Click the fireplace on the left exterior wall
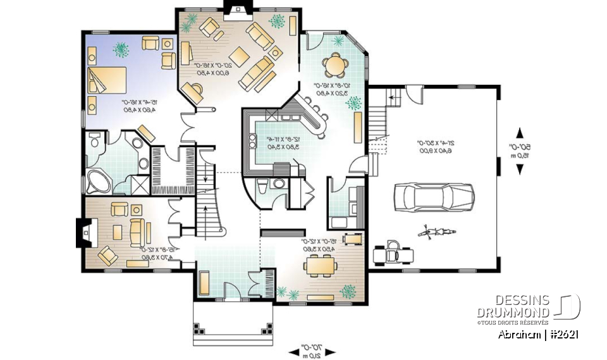click(x=82, y=233)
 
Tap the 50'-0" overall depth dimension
click(x=520, y=151)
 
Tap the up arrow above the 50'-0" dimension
click(x=520, y=133)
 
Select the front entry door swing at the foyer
click(x=233, y=288)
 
